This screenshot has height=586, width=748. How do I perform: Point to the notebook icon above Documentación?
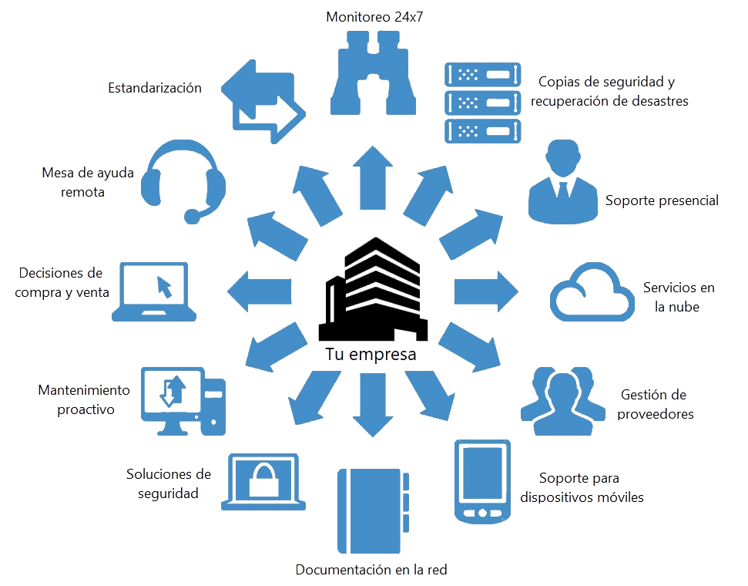pyautogui.click(x=371, y=505)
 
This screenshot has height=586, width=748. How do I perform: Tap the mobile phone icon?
pyautogui.click(x=482, y=482)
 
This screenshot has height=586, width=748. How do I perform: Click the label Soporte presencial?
pyautogui.click(x=662, y=200)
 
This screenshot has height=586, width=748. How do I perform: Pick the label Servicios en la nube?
pyautogui.click(x=678, y=297)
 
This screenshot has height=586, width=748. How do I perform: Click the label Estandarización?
pyautogui.click(x=154, y=88)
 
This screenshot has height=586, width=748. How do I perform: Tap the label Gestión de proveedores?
pyautogui.click(x=657, y=404)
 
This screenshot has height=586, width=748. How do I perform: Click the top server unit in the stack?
pyautogui.click(x=479, y=75)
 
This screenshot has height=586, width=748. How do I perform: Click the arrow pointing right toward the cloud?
pyautogui.click(x=484, y=291)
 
